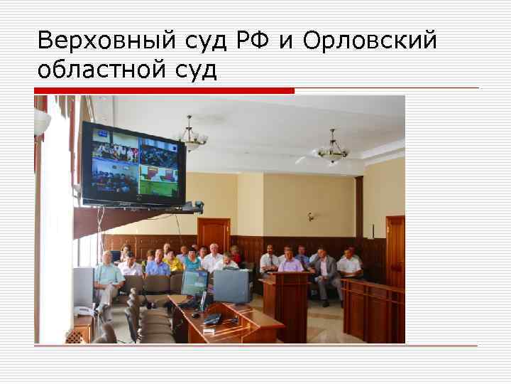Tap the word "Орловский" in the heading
(370, 42)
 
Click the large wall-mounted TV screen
(133, 165)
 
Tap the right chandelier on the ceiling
(332, 149)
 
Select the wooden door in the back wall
(214, 235)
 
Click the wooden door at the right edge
(395, 249)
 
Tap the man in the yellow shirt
(174, 263)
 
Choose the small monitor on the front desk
(194, 283)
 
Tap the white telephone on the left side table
(84, 311)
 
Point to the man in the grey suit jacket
(325, 269)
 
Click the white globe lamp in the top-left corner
(42, 122)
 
